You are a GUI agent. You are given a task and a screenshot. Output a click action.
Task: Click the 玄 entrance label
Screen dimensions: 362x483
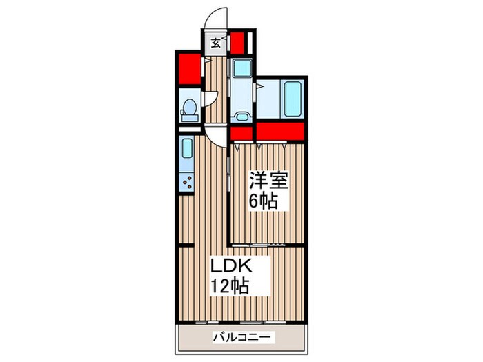pyautogui.click(x=215, y=43)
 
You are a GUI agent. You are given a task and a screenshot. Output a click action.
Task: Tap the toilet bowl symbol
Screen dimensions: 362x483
pyautogui.click(x=189, y=108)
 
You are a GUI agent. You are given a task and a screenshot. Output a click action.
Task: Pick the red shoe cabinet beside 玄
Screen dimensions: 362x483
pyautogui.click(x=238, y=43)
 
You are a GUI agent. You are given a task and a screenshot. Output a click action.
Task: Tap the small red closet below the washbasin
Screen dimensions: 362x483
pyautogui.click(x=240, y=133)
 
